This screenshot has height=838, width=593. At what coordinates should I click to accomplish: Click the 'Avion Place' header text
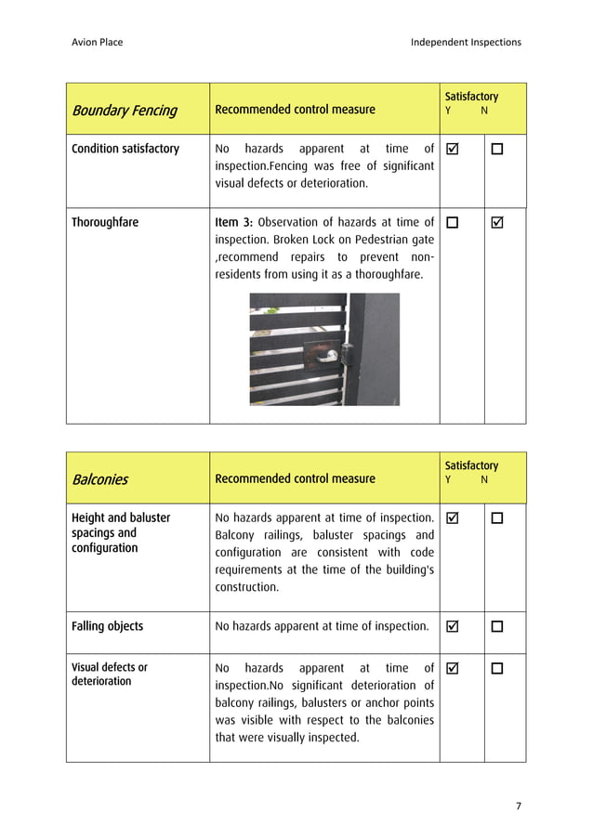click(97, 42)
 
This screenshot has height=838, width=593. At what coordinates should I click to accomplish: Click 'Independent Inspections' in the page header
click(466, 42)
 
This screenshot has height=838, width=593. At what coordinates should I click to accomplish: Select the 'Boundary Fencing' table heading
click(124, 111)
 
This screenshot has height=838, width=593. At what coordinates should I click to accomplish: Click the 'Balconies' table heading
click(99, 479)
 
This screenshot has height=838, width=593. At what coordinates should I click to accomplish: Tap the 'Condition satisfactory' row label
click(125, 149)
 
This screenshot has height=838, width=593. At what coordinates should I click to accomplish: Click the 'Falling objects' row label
click(107, 626)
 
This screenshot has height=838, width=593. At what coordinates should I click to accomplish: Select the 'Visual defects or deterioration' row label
click(109, 674)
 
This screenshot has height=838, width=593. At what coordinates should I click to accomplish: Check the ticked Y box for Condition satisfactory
click(453, 150)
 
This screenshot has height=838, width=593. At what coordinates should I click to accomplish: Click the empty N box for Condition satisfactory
click(496, 150)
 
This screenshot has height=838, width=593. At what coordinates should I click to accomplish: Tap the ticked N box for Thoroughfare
click(496, 223)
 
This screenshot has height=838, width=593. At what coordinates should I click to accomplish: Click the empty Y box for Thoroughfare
click(453, 223)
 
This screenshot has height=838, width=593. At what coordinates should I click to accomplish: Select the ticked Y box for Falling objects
click(453, 627)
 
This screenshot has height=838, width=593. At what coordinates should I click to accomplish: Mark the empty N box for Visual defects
click(496, 668)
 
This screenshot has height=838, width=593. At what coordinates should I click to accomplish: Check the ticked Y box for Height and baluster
click(453, 518)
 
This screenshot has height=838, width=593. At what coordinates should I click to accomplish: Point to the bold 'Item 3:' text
click(233, 223)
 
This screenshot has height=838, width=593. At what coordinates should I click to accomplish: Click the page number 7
click(518, 805)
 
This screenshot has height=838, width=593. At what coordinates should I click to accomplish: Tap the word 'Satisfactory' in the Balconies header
click(471, 465)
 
